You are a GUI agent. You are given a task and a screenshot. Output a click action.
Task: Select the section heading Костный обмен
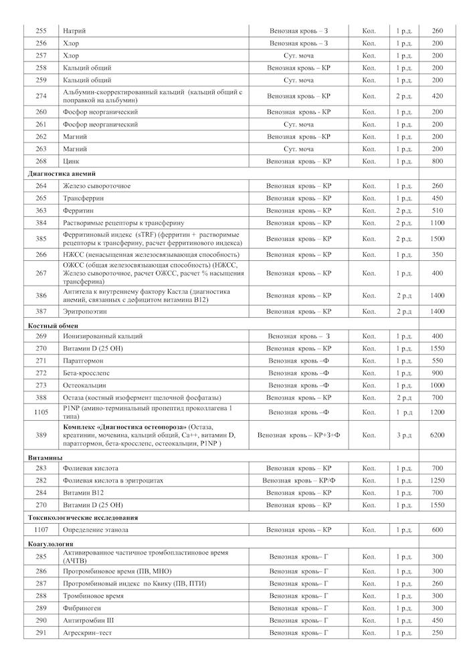[53, 324]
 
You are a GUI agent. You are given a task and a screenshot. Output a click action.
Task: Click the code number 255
[41, 31]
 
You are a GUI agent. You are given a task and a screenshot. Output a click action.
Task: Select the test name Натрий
[74, 31]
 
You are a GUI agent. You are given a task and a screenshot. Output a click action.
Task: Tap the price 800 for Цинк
[438, 161]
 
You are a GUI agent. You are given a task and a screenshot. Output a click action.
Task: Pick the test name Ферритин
[77, 210]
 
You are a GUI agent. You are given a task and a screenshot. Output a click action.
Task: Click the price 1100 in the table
[438, 223]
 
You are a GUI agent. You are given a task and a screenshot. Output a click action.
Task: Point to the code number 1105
[41, 413]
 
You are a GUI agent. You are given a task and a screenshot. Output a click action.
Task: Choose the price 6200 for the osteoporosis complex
[438, 436]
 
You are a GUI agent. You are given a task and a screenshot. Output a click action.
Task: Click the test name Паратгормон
[83, 361]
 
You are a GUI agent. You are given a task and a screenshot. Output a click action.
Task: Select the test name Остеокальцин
[85, 385]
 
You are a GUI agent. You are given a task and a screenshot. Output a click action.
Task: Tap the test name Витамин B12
[82, 492]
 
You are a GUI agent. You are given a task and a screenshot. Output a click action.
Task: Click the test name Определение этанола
[95, 530]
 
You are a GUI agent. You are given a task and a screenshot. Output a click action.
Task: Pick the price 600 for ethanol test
[438, 530]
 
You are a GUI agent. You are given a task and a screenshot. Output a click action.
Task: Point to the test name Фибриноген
[82, 608]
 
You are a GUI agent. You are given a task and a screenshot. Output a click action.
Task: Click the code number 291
[41, 633]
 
